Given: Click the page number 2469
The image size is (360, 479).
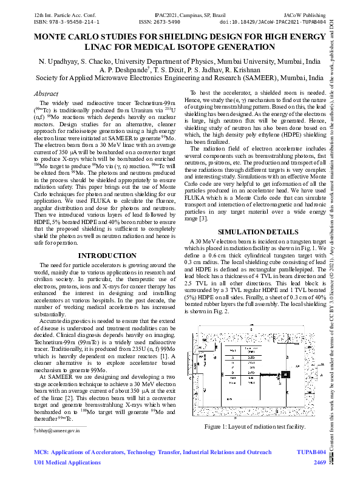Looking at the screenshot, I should tap(319, 463).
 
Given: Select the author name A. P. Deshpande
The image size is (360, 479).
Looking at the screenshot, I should tap(129, 70).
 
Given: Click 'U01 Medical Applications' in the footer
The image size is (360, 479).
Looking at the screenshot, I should tap(67, 463).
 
